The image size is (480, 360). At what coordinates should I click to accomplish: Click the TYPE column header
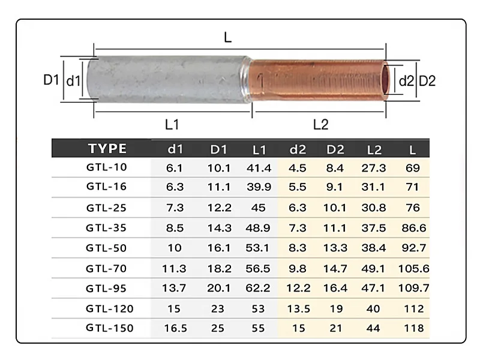click(x=107, y=149)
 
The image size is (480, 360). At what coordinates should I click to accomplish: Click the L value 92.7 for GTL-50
click(x=413, y=248)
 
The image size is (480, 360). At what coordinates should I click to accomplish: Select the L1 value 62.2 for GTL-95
click(x=259, y=288)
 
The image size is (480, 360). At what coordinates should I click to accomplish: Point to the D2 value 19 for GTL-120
click(x=335, y=308)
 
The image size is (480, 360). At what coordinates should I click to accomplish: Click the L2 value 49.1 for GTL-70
click(x=373, y=268)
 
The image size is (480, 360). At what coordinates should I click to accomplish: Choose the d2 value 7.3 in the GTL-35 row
click(x=298, y=229)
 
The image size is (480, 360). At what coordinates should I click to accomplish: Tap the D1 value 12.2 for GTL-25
click(x=218, y=208)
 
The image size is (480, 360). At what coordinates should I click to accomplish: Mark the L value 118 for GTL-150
click(x=413, y=328)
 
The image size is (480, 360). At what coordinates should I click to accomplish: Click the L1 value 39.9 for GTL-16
click(x=259, y=188)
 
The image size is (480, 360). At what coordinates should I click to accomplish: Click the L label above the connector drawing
click(x=227, y=38)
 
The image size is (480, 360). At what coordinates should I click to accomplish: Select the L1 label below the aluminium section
click(x=172, y=124)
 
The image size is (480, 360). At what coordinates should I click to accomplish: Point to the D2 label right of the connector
click(x=427, y=80)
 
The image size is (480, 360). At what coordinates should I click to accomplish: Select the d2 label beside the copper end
click(x=406, y=80)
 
